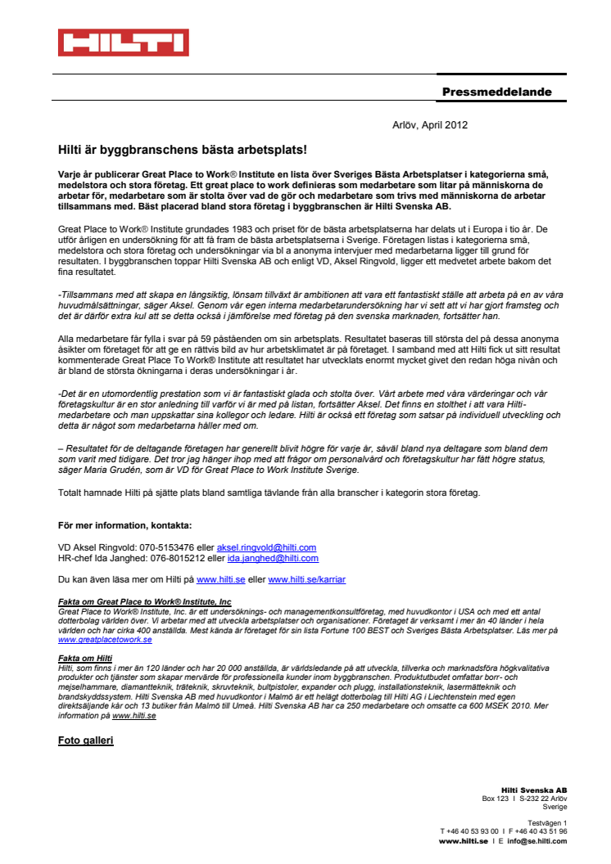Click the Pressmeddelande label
(496, 92)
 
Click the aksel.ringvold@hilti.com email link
(266, 547)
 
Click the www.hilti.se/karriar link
(306, 579)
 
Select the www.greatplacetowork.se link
(105, 639)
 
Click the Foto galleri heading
(85, 740)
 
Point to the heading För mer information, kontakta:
(124, 525)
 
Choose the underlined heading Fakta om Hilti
(85, 659)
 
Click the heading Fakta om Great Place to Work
(144, 602)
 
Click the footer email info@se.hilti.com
(536, 840)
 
